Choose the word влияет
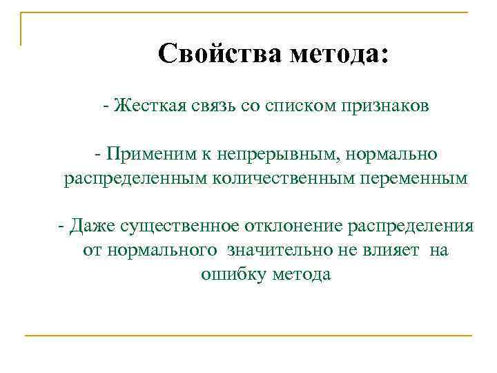point(393,250)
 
